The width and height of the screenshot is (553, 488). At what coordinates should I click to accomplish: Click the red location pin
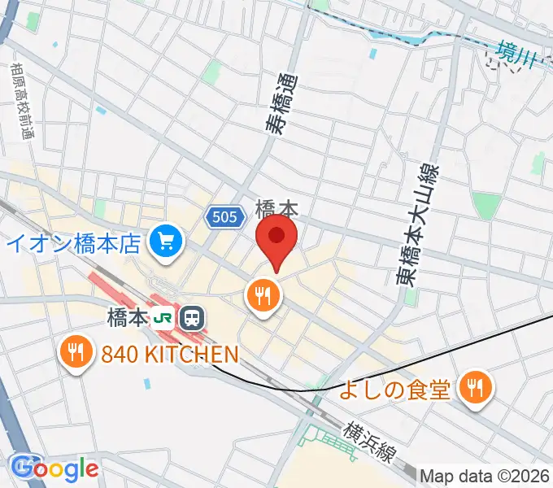pos(276,237)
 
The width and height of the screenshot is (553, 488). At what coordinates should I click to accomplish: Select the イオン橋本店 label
pos(75,242)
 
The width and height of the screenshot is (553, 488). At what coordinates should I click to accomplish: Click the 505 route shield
pos(223,216)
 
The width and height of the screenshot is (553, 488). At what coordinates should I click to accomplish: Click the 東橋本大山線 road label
pos(417,224)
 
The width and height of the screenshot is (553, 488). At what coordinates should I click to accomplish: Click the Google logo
pos(54,468)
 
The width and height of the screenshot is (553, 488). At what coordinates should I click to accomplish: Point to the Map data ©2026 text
pos(485,476)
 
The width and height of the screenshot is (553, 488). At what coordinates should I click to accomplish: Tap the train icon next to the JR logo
pos(193,316)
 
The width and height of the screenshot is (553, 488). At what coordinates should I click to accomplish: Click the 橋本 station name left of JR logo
pos(124,316)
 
